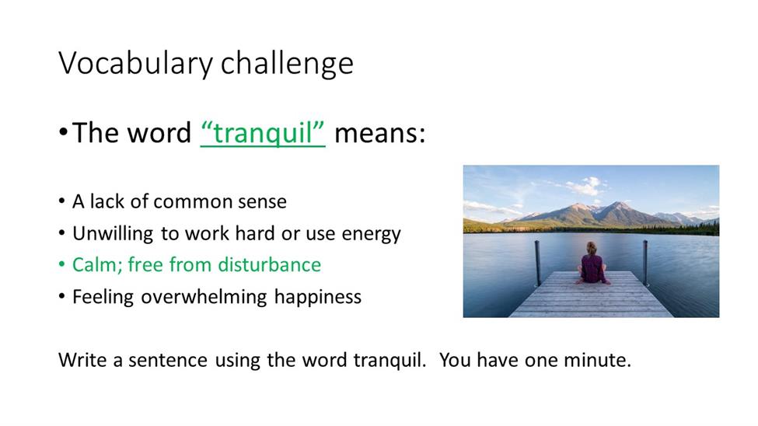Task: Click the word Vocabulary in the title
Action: pyautogui.click(x=136, y=64)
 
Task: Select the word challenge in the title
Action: pyautogui.click(x=287, y=63)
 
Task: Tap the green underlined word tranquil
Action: pyautogui.click(x=263, y=134)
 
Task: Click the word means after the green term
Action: pyautogui.click(x=380, y=133)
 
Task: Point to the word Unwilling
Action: pyautogui.click(x=114, y=234)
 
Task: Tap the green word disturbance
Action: pyautogui.click(x=269, y=265)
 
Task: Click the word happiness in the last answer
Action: pyautogui.click(x=318, y=297)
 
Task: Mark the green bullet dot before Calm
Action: pyautogui.click(x=61, y=264)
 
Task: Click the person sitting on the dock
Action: pyautogui.click(x=592, y=264)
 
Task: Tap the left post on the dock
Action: pyautogui.click(x=537, y=264)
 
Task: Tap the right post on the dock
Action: pyautogui.click(x=644, y=263)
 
